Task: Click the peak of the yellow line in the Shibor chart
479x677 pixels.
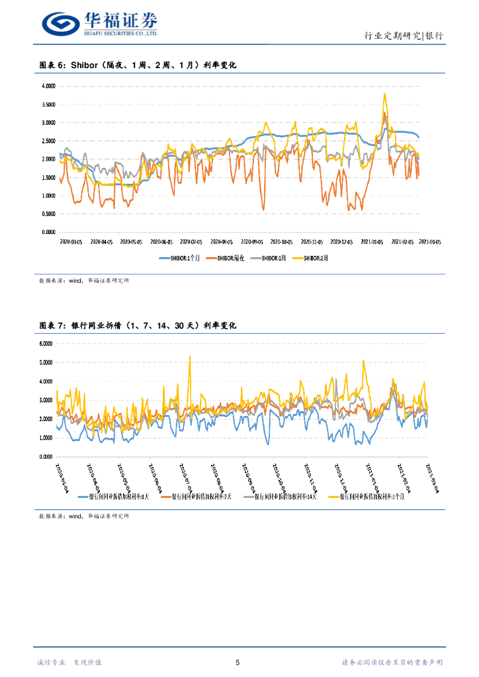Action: tap(384, 94)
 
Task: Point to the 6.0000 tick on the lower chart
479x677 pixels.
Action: tap(46, 344)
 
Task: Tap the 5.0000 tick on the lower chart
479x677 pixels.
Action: tap(46, 362)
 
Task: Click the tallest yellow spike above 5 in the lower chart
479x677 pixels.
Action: tap(190, 356)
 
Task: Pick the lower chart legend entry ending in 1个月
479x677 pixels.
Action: tap(370, 497)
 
